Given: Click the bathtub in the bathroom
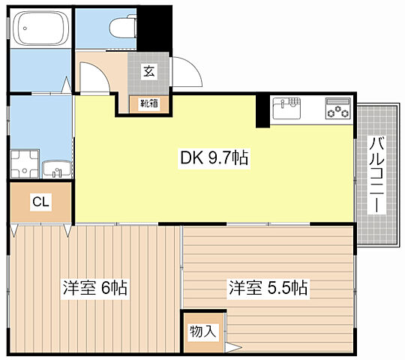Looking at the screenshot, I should coord(40,31).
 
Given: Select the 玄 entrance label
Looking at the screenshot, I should coord(148,72).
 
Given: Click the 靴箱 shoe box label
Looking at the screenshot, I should coord(148,103).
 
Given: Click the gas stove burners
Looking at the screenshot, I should coord(337,109).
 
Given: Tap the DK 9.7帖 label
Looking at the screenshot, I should coord(214,158).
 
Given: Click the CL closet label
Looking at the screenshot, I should coord(40,202).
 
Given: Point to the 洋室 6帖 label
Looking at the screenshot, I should coord(94,287).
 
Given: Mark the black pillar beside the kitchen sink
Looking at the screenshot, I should coord(262,112).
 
